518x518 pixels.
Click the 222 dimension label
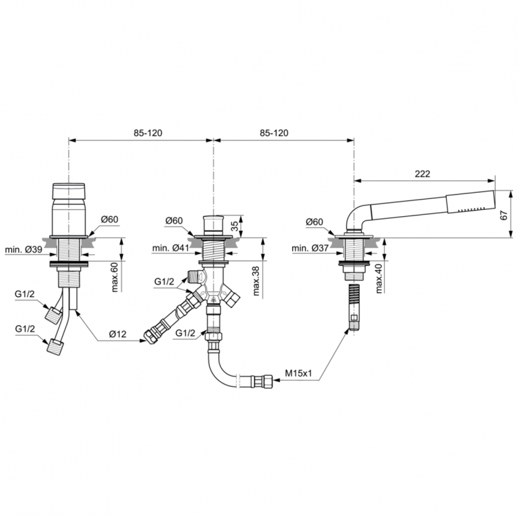click(x=422, y=174)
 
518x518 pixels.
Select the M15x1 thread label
click(x=298, y=374)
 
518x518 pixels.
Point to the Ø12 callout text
click(x=117, y=334)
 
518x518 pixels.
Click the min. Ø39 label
click(x=23, y=249)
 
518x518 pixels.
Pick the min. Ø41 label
click(x=171, y=248)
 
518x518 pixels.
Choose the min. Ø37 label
click(x=311, y=248)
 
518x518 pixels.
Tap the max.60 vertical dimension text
click(x=114, y=278)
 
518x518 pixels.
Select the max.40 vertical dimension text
click(x=379, y=278)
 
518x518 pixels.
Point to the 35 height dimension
click(x=234, y=226)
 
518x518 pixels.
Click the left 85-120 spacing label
click(x=148, y=133)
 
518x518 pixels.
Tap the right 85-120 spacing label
click(x=274, y=133)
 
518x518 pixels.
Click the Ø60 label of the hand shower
click(x=314, y=222)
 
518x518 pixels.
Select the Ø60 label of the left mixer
click(x=109, y=219)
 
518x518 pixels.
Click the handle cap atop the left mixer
click(x=68, y=191)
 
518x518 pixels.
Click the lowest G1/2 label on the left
click(x=25, y=329)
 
